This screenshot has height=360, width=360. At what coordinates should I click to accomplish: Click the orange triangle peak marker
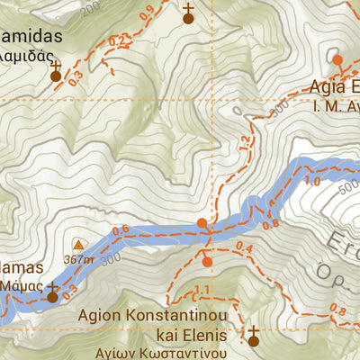click(78, 245)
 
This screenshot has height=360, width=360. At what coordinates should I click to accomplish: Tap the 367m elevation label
click(78, 259)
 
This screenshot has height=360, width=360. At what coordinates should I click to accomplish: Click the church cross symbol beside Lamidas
click(56, 71)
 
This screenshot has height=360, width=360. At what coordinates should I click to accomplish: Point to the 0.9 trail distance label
click(147, 13)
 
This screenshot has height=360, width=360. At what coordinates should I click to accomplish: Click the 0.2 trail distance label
click(116, 42)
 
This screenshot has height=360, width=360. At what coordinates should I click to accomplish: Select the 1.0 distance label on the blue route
click(312, 181)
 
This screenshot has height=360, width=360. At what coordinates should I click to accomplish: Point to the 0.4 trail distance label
click(243, 247)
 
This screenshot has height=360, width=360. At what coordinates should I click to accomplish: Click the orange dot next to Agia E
click(337, 60)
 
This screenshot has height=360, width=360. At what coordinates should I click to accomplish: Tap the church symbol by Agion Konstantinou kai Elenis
click(253, 336)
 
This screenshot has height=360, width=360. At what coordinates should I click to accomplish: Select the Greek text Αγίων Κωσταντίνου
click(161, 352)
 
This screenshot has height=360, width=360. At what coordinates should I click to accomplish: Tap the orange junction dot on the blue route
click(202, 222)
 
